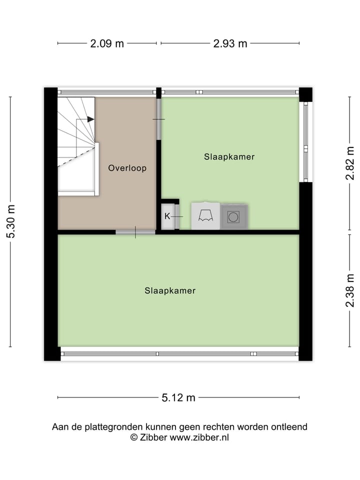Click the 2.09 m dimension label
[107, 43]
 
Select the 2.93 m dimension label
[230, 43]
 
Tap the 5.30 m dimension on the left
[10, 221]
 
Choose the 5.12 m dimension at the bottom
[178, 398]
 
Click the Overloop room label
[127, 168]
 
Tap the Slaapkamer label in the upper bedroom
[229, 156]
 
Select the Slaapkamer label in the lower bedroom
[170, 290]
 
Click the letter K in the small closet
[167, 216]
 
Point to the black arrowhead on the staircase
[90, 119]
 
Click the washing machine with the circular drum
[233, 217]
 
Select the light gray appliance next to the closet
[205, 216]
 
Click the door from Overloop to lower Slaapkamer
[135, 232]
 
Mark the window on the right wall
[305, 142]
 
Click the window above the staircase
[106, 92]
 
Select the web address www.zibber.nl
[199, 437]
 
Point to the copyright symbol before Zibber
[133, 437]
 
